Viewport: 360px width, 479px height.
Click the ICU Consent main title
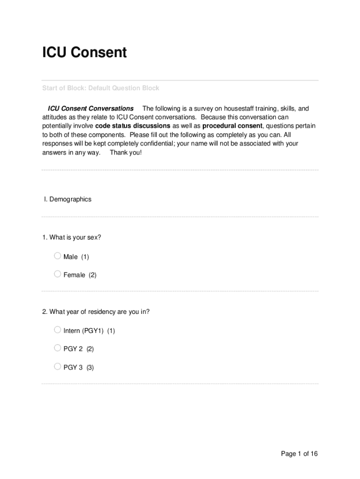click(84, 52)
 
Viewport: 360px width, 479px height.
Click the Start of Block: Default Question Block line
click(101, 88)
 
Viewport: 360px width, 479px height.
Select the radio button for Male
click(58, 256)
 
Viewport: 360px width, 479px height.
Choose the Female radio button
click(58, 274)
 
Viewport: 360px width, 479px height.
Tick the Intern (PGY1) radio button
click(58, 330)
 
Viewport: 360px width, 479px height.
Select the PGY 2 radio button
click(58, 348)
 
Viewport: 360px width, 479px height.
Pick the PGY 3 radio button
click(58, 366)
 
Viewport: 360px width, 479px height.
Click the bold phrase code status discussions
click(133, 126)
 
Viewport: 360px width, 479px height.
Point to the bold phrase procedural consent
click(232, 126)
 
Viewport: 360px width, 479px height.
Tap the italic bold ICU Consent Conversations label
click(91, 109)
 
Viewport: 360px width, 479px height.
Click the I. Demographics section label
click(68, 199)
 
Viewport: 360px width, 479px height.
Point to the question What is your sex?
click(72, 238)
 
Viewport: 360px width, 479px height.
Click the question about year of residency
click(96, 312)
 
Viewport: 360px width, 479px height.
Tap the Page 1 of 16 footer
click(299, 454)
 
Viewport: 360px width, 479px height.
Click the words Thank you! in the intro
click(125, 152)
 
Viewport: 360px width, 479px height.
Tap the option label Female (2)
click(80, 275)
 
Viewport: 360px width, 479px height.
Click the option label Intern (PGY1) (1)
click(89, 331)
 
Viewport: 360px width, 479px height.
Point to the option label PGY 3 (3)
click(79, 367)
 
